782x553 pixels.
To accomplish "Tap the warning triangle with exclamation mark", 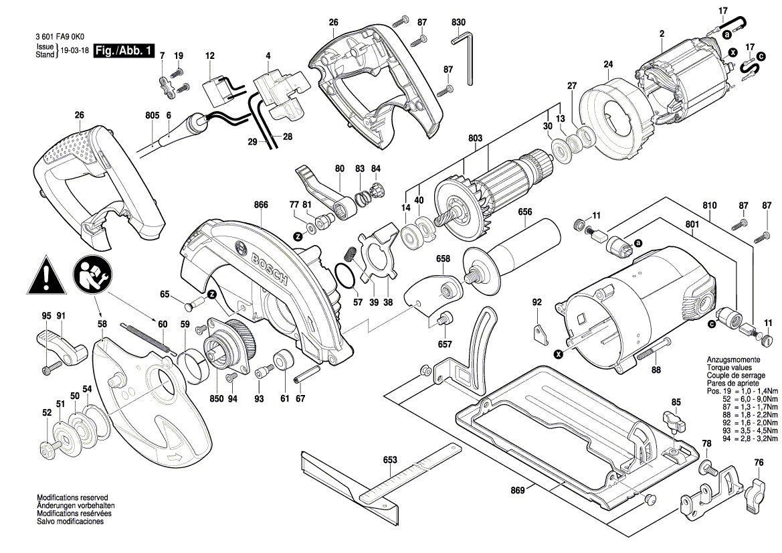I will coord(45,275).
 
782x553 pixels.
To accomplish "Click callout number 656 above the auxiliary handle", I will coord(525,212).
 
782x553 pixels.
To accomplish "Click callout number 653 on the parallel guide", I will coord(390,460).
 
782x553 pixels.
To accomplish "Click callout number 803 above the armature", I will coord(475,138).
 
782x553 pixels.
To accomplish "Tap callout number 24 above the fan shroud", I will coord(607,64).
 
